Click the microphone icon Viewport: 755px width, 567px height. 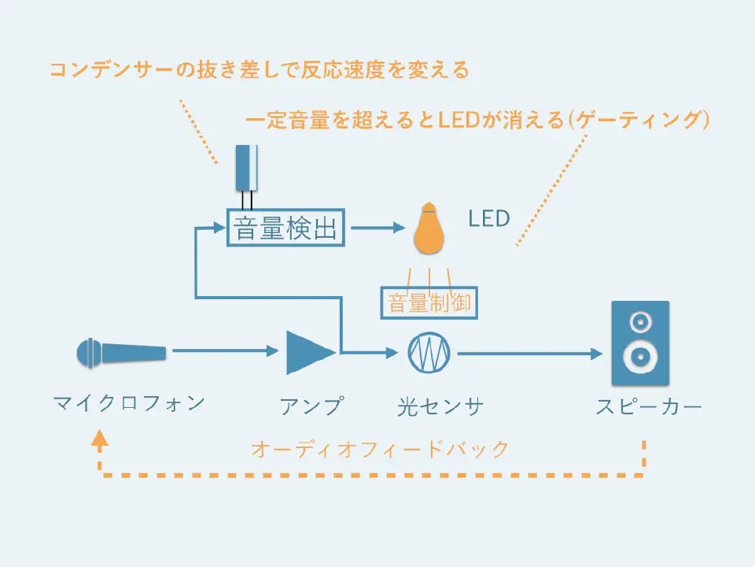click(x=121, y=354)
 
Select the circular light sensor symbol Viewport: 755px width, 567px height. click(x=428, y=353)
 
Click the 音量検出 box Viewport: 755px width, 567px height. click(x=285, y=228)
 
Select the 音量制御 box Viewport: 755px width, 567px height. click(x=429, y=302)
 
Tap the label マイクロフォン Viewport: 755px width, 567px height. click(x=129, y=404)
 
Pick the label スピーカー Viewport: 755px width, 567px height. click(x=648, y=406)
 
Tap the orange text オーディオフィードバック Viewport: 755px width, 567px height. click(x=380, y=450)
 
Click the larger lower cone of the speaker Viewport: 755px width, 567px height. click(x=640, y=357)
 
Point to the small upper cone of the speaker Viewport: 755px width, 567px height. click(x=640, y=321)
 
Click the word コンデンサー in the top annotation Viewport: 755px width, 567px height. click(x=101, y=71)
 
